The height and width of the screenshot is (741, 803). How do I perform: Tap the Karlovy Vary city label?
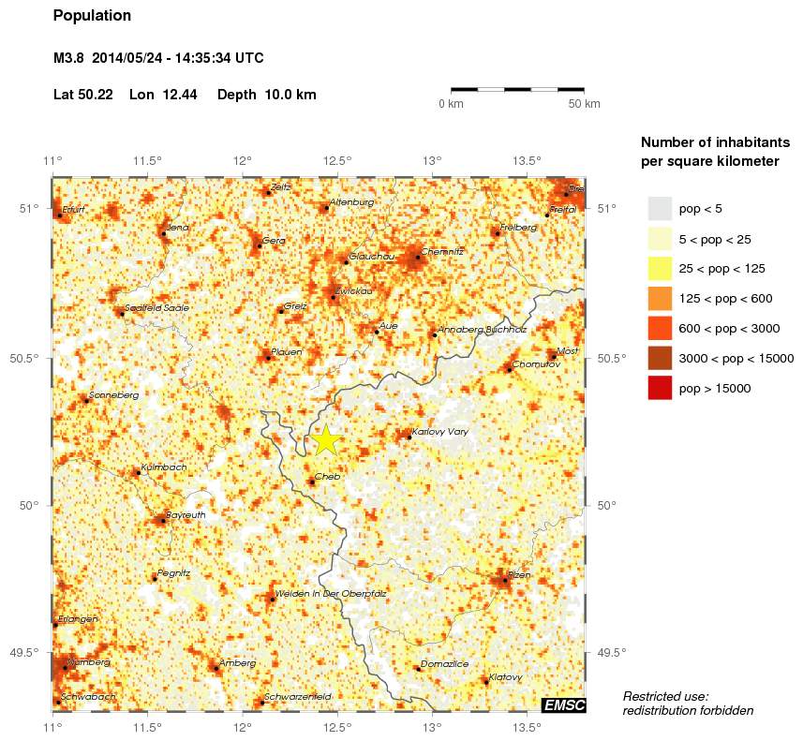coord(439,432)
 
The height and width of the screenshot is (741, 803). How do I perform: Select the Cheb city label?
coord(327,477)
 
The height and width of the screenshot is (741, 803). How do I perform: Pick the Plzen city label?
coord(519,574)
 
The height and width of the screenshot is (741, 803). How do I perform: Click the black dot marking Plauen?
coord(268,358)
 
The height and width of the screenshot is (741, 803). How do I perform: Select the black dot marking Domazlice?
coord(418,669)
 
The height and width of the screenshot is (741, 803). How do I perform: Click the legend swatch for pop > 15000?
coord(661,387)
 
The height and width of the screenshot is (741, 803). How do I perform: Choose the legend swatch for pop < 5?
coord(661,208)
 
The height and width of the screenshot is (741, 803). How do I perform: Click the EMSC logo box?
coord(563,704)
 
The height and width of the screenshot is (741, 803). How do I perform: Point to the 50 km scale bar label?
coord(584,103)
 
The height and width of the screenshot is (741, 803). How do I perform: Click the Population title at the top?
coord(93,16)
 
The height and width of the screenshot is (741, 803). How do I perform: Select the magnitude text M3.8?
coord(70,58)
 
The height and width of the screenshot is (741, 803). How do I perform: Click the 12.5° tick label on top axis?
coord(338,160)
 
